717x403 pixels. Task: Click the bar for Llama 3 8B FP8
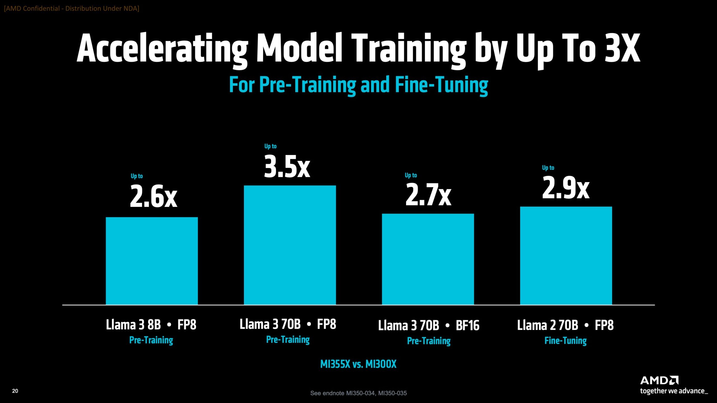[x=152, y=261]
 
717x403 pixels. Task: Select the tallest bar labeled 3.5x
[x=290, y=245]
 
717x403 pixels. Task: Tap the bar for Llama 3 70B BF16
[x=428, y=259]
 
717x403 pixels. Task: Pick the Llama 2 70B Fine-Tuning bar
[x=566, y=255]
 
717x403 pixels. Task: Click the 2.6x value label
[x=153, y=196]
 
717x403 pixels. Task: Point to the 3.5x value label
[x=287, y=167]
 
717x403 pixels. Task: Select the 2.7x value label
[x=428, y=195]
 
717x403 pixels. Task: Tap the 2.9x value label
[x=566, y=188]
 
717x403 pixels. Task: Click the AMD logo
[x=659, y=380]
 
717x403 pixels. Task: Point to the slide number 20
[x=15, y=391]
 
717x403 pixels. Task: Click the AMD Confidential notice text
[x=71, y=8]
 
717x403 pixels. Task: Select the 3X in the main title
[x=622, y=48]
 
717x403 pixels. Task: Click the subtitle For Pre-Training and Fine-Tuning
[x=358, y=85]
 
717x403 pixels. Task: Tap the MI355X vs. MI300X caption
[x=358, y=364]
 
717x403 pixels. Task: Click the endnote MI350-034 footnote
[x=358, y=393]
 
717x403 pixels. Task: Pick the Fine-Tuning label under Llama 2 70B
[x=565, y=341]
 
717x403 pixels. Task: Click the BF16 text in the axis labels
[x=467, y=325]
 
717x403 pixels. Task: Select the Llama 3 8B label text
[x=133, y=325]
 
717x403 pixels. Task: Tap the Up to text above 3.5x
[x=270, y=146]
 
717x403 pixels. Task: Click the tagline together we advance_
[x=674, y=391]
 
